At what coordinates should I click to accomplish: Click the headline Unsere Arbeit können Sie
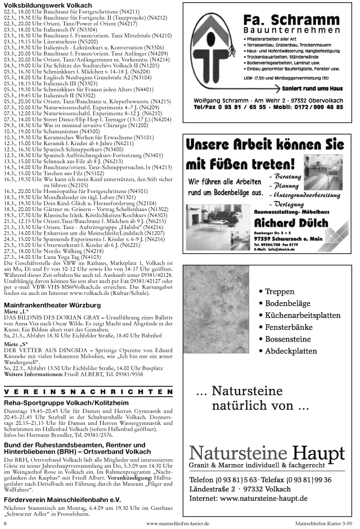click(x=264, y=145)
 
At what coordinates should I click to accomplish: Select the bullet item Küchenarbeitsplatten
click(x=307, y=315)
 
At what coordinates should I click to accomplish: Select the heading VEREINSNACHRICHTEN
click(x=88, y=392)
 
